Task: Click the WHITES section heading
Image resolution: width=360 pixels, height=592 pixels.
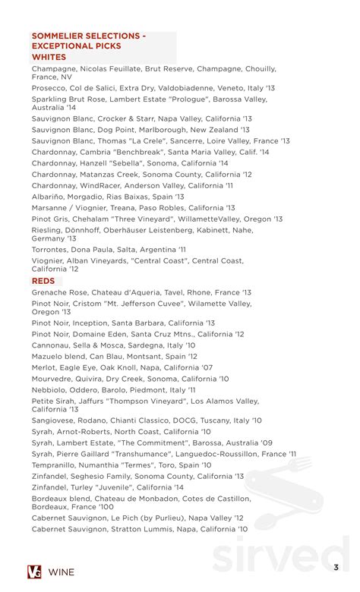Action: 49,57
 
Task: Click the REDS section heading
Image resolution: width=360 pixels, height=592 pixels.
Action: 43,281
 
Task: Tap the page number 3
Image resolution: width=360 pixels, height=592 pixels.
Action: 336,567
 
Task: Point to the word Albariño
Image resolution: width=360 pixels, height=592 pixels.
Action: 48,197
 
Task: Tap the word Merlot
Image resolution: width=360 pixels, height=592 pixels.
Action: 44,367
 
